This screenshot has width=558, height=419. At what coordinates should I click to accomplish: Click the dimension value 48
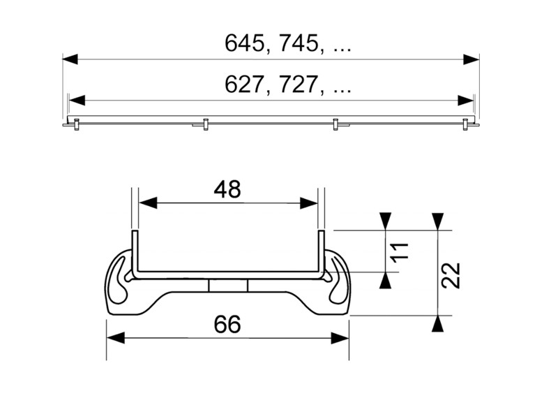coord(227,189)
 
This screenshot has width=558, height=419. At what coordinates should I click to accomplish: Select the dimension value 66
coord(227,325)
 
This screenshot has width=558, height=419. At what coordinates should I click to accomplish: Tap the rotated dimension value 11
coord(398,252)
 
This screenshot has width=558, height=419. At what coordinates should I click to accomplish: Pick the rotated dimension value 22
coord(451,274)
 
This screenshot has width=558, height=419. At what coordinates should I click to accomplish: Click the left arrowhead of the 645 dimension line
coord(69,59)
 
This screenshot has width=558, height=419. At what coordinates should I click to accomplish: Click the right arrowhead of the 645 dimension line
coord(472,59)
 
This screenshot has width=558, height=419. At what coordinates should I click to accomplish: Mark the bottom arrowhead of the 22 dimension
coord(437,323)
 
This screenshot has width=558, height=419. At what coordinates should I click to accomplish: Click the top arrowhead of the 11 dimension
coord(384,221)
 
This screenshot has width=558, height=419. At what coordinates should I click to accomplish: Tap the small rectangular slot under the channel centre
coord(227,287)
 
